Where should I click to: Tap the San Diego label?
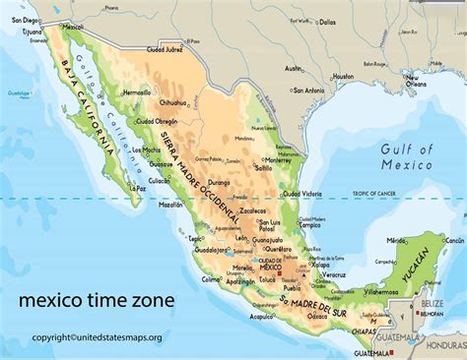(29, 19)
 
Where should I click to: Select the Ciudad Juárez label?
(164, 46)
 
